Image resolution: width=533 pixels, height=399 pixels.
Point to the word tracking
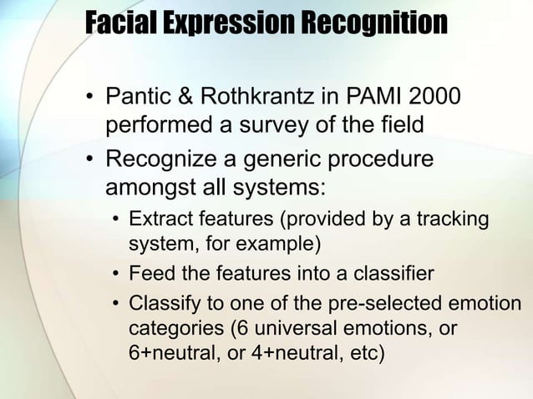tap(453, 220)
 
